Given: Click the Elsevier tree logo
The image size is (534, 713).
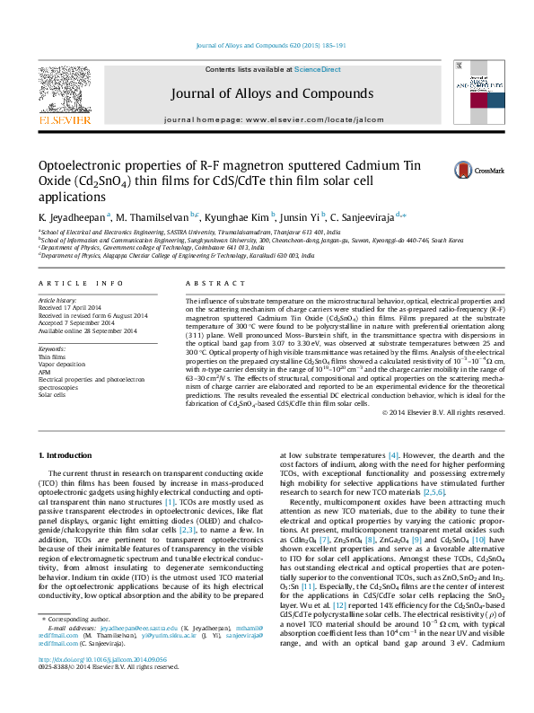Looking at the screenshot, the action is pos(64,90).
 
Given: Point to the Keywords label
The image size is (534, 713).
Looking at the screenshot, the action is pos(51,348).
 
